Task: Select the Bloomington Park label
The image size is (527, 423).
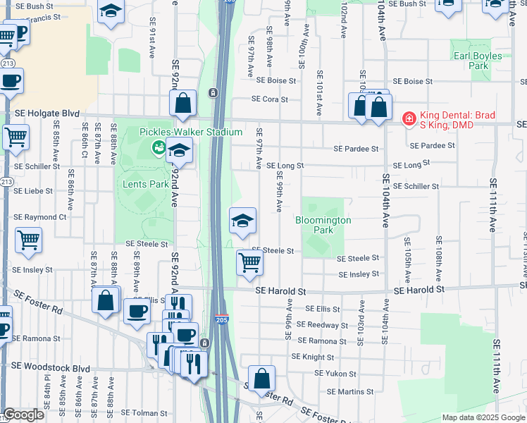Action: click(323, 225)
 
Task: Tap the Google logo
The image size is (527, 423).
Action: click(23, 415)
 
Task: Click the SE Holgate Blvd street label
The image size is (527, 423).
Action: click(47, 112)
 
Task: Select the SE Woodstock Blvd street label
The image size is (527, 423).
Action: click(51, 367)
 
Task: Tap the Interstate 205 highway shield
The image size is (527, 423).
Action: click(221, 319)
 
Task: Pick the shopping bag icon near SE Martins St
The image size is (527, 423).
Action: click(261, 378)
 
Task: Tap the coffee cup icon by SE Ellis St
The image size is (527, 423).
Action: click(137, 311)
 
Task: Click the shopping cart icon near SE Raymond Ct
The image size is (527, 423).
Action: click(28, 240)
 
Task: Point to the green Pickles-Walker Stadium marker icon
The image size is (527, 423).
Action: click(159, 146)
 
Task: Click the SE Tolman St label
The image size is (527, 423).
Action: click(144, 413)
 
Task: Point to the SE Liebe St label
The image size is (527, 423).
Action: click(33, 191)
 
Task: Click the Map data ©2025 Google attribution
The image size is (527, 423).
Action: click(483, 417)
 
